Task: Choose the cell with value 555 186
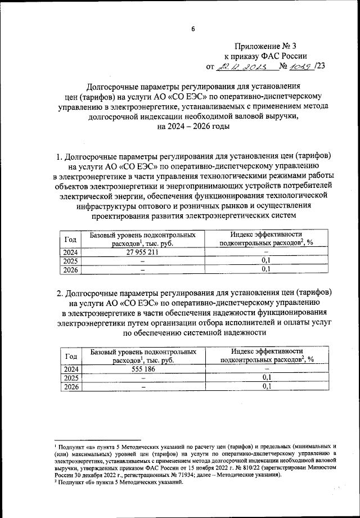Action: pyautogui.click(x=142, y=370)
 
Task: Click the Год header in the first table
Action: pyautogui.click(x=71, y=240)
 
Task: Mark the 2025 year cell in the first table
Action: pyautogui.click(x=71, y=262)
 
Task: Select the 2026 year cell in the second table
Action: pyautogui.click(x=71, y=387)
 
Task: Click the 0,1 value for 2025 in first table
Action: pyautogui.click(x=267, y=262)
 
